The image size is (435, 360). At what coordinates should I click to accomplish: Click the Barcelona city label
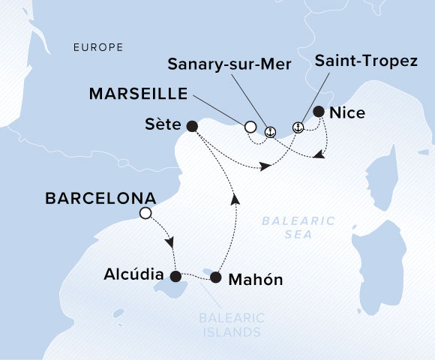pos(100,199)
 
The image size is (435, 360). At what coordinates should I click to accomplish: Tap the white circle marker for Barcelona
pos(145,214)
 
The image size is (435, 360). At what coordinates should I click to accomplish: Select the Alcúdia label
pos(131,276)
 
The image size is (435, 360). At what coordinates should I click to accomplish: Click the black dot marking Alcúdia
pos(175,276)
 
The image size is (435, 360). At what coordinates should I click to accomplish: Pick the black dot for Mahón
pos(216,277)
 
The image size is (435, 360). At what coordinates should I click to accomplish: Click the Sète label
pos(159,125)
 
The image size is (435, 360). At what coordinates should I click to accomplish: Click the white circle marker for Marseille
pos(250,127)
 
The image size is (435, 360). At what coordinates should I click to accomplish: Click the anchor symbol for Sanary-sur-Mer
pos(271,130)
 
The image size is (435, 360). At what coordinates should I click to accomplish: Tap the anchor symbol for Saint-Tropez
pos(298,127)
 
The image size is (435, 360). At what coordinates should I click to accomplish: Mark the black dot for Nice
pos(319,112)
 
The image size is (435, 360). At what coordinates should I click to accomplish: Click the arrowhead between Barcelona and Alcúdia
pos(172,243)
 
